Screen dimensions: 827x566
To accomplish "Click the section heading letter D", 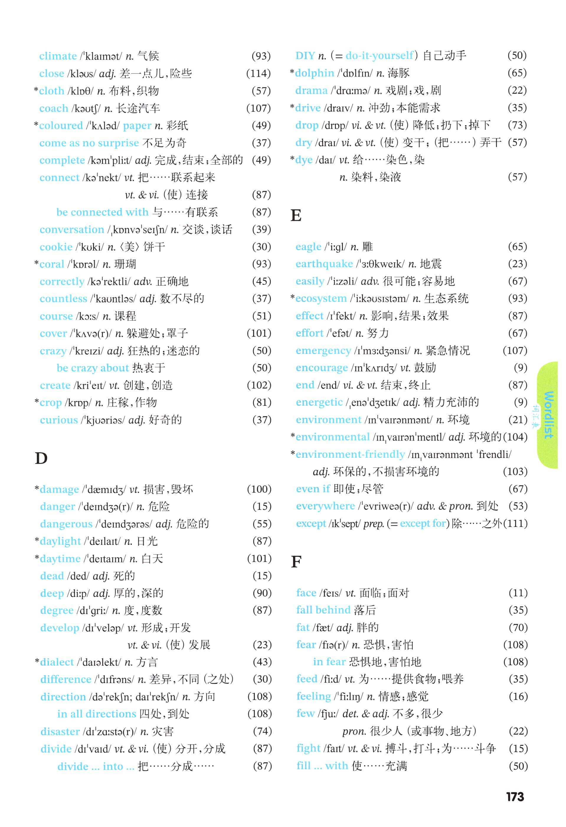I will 41,458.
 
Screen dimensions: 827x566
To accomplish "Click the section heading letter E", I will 296,215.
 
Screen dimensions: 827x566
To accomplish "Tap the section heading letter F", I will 296,561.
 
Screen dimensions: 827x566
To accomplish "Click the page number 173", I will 515,797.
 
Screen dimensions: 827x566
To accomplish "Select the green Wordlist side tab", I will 547,415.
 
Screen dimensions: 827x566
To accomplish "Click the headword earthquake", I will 324,264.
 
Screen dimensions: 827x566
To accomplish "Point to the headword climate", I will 58,56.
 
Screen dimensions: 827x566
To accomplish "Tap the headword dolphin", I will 314,73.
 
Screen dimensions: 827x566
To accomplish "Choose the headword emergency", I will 323,351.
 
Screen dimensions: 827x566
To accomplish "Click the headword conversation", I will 72,230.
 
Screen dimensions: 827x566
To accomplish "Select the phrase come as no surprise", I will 89,143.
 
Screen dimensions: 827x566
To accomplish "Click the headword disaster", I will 60,731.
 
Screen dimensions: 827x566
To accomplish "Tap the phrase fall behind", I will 323,610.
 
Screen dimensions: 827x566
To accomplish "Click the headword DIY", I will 305,55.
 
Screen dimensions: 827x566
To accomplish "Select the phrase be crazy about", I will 93,368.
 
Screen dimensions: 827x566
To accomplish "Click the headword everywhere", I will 325,506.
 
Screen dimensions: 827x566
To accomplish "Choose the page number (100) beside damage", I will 259,489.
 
